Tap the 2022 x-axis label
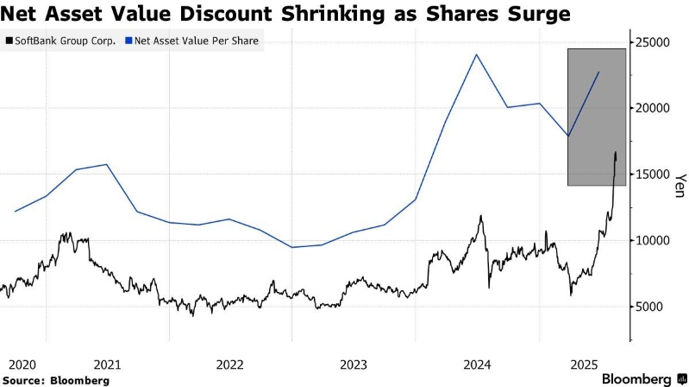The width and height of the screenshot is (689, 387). tap(230, 365)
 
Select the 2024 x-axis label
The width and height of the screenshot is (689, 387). tap(478, 365)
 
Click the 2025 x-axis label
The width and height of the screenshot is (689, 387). tap(586, 365)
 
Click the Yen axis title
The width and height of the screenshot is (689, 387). tap(680, 186)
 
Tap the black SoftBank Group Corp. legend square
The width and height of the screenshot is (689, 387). tap(9, 41)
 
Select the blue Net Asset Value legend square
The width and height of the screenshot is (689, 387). tap(128, 41)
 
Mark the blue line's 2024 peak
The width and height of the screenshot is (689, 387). tap(477, 55)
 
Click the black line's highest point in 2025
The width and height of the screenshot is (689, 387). tap(616, 153)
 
